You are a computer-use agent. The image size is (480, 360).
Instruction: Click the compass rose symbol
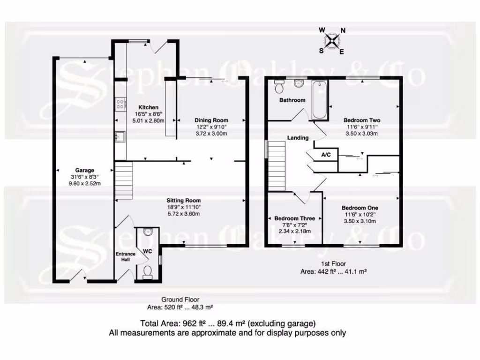332,41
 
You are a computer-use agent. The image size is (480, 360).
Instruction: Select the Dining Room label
211,120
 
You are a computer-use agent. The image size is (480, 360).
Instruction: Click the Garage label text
85,170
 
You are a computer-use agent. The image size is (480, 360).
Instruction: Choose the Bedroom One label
360,208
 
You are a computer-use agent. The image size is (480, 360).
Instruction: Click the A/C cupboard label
326,154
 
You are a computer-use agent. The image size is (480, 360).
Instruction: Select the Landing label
298,138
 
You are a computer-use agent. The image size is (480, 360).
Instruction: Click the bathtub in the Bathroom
320,99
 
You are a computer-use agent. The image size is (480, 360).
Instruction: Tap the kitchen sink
119,136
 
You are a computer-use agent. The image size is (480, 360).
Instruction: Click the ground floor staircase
124,180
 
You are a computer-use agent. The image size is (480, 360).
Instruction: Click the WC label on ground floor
147,251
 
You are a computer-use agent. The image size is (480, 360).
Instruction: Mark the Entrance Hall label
125,256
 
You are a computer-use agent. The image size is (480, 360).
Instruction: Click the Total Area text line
228,323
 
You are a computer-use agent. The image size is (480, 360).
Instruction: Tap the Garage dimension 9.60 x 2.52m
85,183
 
